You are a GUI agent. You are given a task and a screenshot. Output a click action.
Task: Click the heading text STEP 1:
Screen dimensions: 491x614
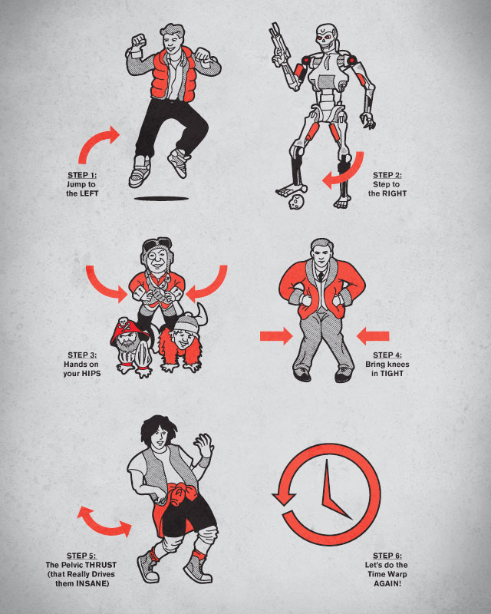82,175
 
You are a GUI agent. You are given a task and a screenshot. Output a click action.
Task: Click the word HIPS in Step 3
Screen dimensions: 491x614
91,374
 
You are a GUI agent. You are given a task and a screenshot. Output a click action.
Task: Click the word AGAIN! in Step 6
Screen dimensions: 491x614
387,583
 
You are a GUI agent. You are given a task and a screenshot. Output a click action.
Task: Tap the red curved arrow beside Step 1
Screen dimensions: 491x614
97,144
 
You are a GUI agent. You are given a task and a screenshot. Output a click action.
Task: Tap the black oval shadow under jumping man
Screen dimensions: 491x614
161,199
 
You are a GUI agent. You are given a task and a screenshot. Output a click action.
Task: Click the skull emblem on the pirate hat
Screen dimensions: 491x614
124,324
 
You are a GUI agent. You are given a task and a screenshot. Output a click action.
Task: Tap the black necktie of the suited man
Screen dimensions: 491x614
321,277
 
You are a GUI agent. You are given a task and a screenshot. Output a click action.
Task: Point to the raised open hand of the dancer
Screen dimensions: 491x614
203,446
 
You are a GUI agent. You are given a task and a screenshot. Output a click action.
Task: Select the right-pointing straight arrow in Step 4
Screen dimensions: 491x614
276,336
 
